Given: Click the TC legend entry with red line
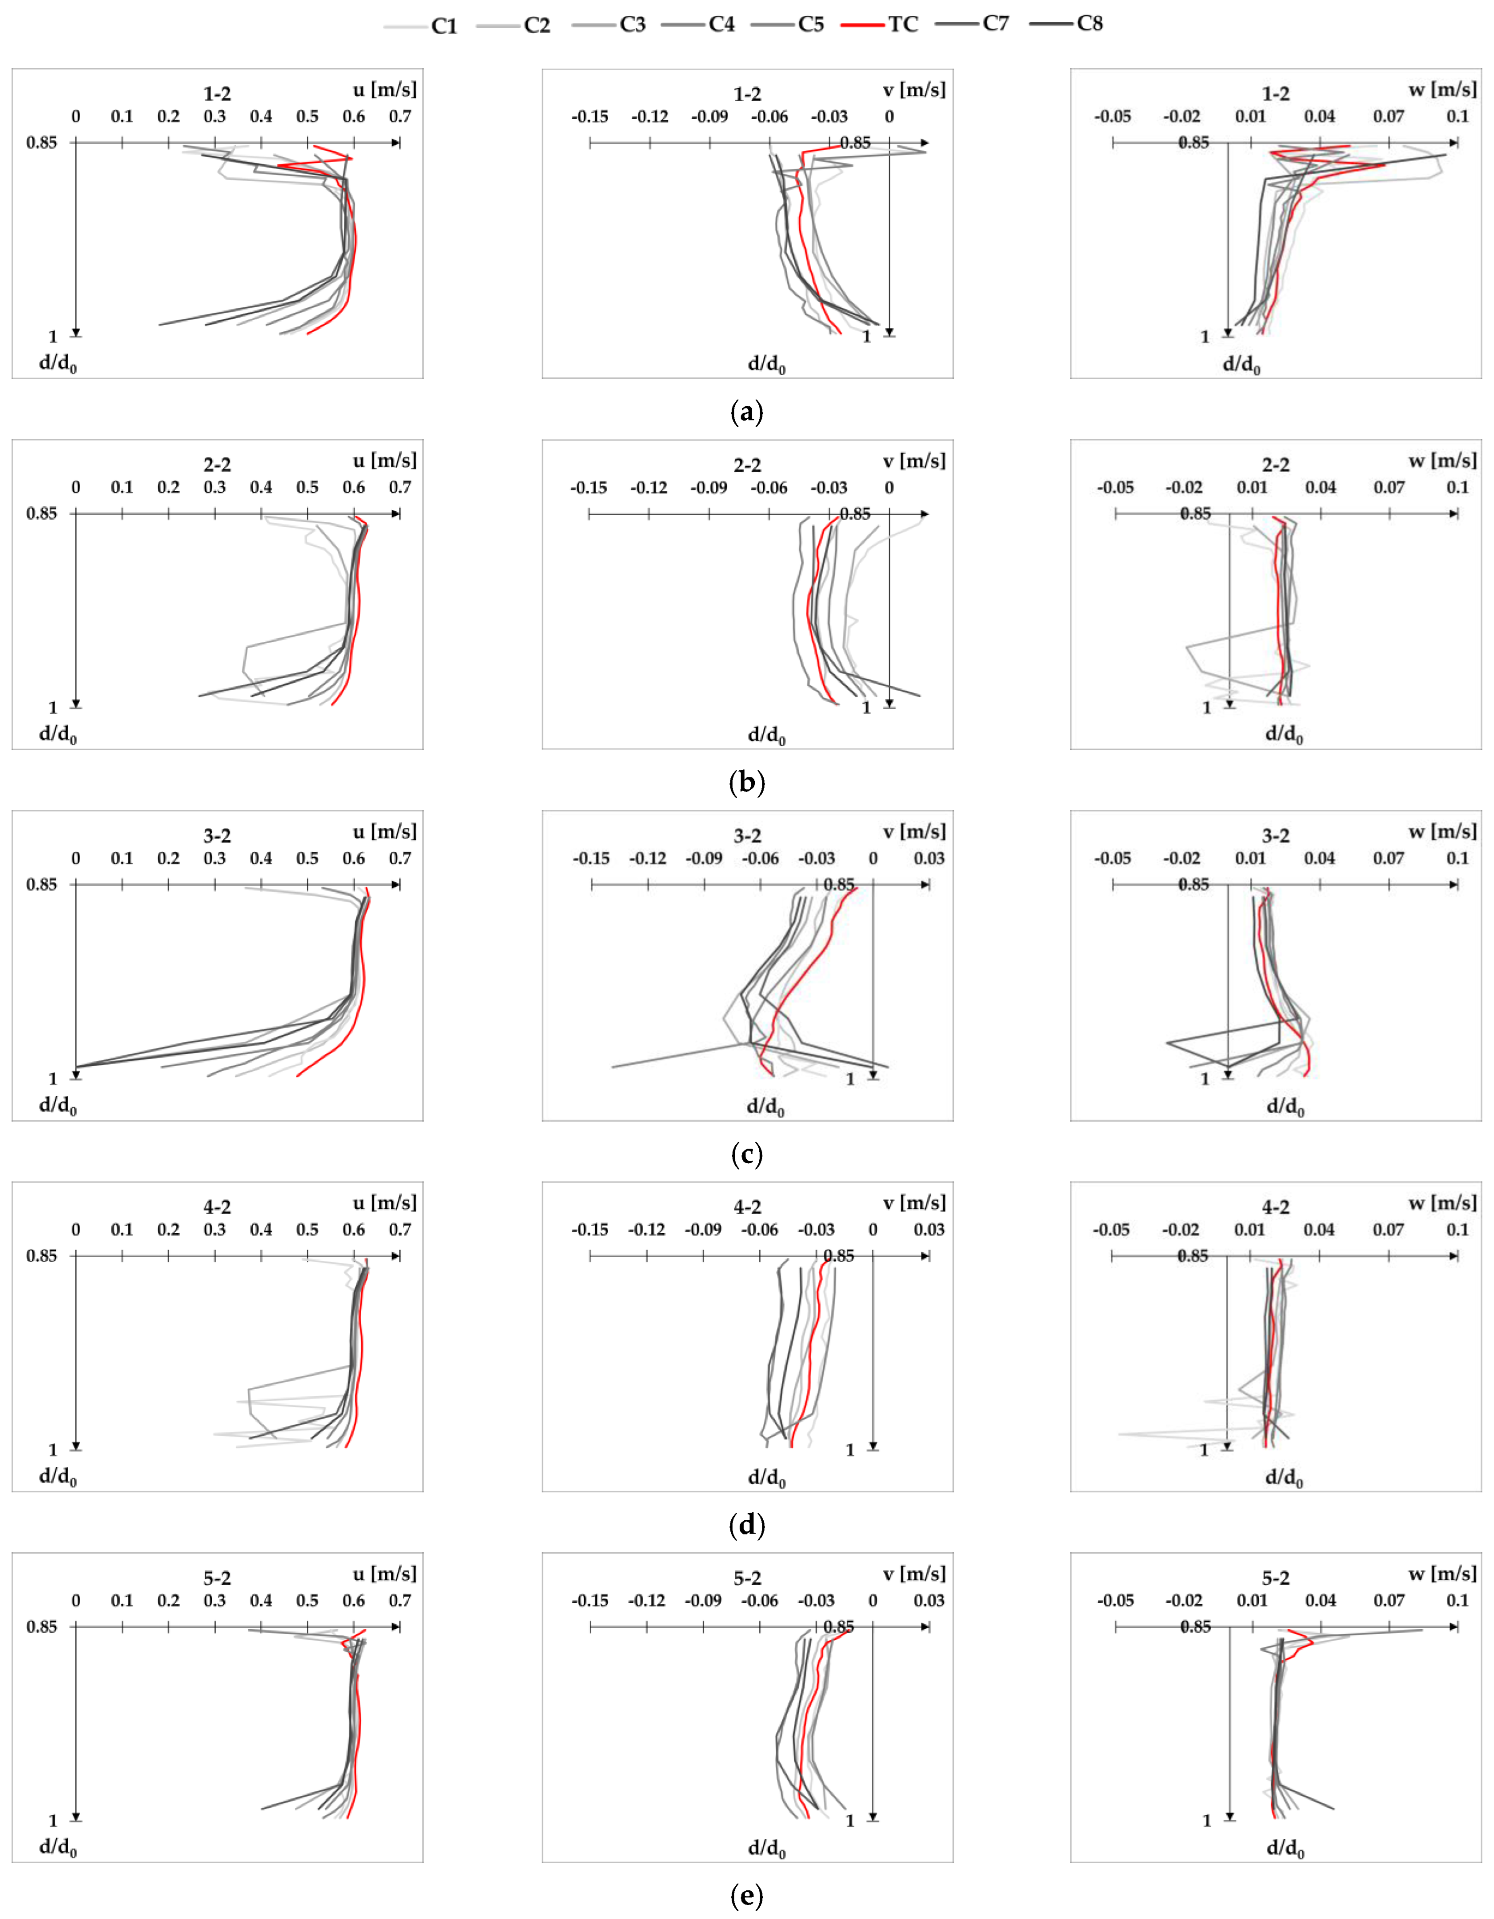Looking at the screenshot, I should (x=880, y=25).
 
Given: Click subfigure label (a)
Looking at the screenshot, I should (x=747, y=411).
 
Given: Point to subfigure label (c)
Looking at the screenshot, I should (x=747, y=1154).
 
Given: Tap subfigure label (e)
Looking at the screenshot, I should (x=747, y=1896).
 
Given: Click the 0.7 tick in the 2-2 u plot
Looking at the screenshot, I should (x=400, y=488).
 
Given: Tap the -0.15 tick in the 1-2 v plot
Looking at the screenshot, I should (x=590, y=117).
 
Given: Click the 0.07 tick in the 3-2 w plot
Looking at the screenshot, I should (x=1389, y=858).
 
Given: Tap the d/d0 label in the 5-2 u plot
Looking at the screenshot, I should (x=58, y=1847).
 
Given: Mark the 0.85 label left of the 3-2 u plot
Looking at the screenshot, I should (x=41, y=884).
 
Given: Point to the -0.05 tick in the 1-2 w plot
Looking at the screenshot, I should (x=1112, y=117).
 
